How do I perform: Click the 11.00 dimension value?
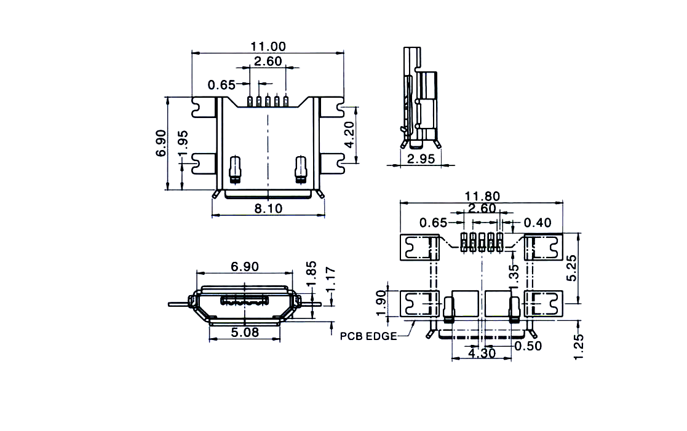pos(268,47)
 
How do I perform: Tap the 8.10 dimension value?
pos(269,208)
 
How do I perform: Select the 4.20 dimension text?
pos(349,135)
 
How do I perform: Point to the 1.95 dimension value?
pos(183,143)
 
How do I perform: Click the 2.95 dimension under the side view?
pos(421,159)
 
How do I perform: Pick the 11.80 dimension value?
pos(482,196)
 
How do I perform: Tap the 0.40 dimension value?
pos(538,223)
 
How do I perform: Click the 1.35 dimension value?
pos(514,274)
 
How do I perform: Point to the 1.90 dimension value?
pos(381,302)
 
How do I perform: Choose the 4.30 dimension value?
pos(482,352)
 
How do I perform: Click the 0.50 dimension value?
pos(528,346)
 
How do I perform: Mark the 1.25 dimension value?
pos(579,347)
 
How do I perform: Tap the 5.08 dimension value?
pos(245,333)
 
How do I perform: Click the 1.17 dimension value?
pos(331,280)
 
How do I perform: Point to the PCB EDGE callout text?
pos(368,336)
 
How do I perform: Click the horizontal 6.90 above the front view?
pos(245,266)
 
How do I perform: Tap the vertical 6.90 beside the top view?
pos(161,143)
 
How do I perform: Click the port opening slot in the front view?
pos(245,301)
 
